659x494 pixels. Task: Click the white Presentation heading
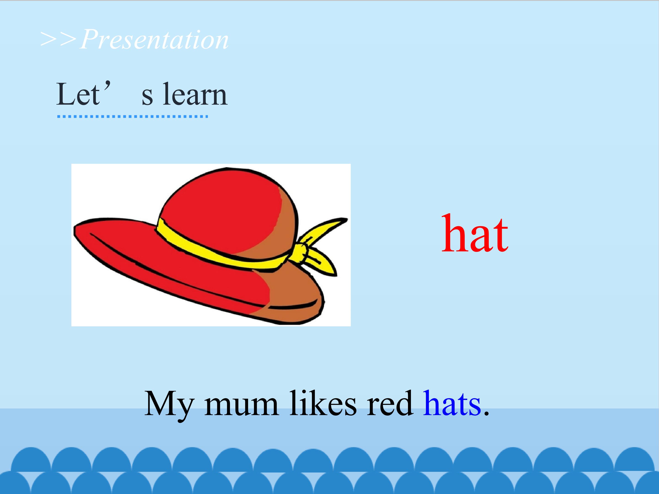coord(154,40)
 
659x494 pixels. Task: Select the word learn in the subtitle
coord(195,94)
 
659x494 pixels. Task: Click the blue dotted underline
coord(132,116)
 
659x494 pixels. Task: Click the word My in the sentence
coord(169,404)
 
